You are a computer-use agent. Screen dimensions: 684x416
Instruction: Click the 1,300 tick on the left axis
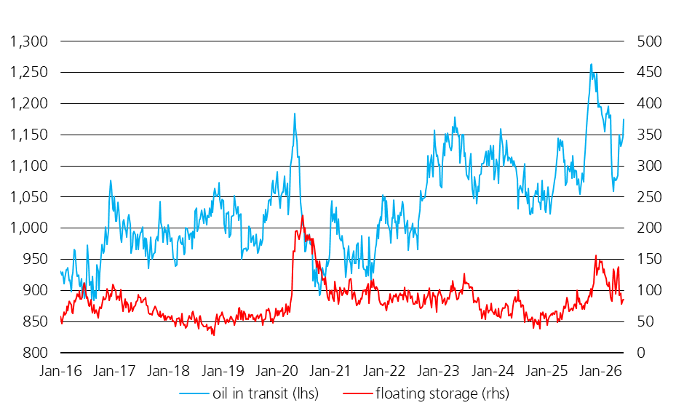tap(29, 41)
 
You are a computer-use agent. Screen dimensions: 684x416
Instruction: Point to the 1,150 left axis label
tap(29, 135)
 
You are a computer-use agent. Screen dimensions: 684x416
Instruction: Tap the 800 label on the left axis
tap(36, 352)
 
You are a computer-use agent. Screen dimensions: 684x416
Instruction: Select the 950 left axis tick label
tap(36, 259)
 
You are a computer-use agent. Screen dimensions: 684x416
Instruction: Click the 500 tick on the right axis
tap(650, 41)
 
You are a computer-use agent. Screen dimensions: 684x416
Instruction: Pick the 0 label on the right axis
tap(641, 352)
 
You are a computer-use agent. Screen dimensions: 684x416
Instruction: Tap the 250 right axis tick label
tap(650, 196)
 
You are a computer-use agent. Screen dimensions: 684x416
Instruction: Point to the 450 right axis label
tap(650, 73)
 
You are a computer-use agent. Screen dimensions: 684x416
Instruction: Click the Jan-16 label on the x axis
tap(60, 371)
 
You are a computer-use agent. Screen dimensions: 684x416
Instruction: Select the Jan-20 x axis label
tap(277, 371)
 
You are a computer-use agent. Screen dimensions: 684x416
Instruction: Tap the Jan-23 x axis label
tap(438, 371)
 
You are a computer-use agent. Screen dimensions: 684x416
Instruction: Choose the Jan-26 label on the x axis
tap(600, 371)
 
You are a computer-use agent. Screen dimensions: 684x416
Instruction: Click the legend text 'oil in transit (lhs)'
tap(266, 393)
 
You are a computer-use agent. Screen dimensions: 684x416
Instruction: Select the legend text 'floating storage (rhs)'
tap(442, 393)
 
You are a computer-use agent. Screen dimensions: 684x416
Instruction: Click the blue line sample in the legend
tap(194, 393)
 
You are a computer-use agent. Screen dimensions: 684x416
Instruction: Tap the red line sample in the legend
tap(358, 393)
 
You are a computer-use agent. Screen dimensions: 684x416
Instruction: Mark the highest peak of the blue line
tap(591, 65)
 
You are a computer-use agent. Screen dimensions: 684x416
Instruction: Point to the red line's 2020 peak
tap(302, 216)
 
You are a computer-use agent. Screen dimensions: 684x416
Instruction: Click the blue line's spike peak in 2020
tap(295, 113)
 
